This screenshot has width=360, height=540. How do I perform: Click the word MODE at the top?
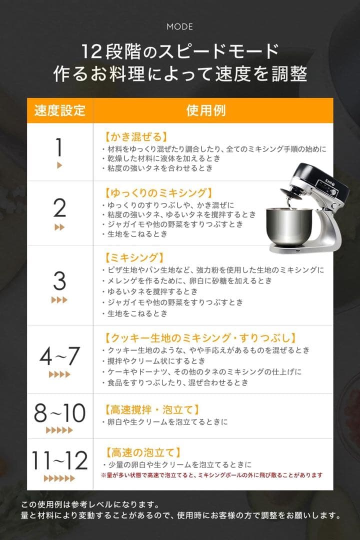click(x=180, y=26)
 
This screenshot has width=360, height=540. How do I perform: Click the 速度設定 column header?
click(x=59, y=110)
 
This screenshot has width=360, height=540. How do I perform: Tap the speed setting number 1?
click(x=59, y=147)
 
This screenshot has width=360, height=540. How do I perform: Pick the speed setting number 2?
click(x=59, y=207)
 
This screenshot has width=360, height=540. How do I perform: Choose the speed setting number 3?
click(x=59, y=281)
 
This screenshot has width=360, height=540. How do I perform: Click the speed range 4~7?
click(x=59, y=356)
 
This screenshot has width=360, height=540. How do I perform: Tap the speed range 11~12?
click(x=59, y=460)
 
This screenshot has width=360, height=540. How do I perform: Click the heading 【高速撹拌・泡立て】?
click(x=153, y=410)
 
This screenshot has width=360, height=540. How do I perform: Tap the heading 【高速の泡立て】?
click(x=142, y=453)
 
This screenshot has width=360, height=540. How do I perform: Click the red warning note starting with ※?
click(x=211, y=475)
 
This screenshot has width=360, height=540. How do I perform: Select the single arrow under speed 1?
click(x=59, y=165)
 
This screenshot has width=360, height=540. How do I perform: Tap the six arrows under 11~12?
click(x=59, y=478)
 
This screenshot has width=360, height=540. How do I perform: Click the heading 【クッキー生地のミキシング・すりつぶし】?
click(x=200, y=338)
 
